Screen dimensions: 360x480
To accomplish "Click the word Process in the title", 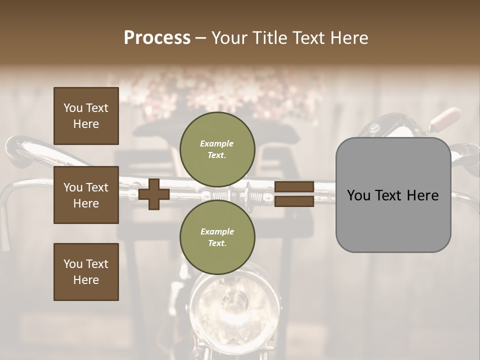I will click(x=157, y=38).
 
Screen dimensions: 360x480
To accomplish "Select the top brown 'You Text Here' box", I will click(x=86, y=116).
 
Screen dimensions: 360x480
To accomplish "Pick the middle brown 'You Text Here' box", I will click(x=86, y=195).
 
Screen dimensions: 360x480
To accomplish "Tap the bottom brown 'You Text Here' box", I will click(x=86, y=272).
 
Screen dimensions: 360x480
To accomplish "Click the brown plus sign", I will click(x=154, y=194).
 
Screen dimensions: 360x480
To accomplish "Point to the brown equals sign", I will click(x=294, y=194).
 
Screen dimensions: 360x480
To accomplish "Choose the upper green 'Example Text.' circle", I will click(x=217, y=149).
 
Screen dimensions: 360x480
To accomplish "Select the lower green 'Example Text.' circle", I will click(x=217, y=237).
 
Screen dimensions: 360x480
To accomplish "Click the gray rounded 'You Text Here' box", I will click(x=393, y=194).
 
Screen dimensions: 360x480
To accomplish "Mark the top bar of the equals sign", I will click(x=294, y=187).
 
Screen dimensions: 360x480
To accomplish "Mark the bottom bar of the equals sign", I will click(x=294, y=201).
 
